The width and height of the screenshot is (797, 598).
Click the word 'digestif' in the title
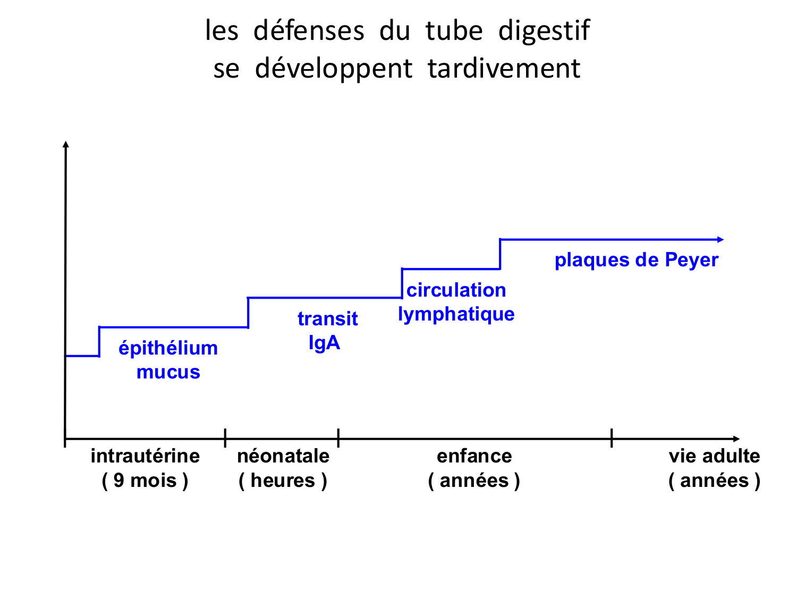tap(544, 31)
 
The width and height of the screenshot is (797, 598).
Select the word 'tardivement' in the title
tap(504, 69)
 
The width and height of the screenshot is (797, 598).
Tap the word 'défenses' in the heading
tap(309, 31)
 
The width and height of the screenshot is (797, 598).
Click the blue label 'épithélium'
tap(168, 348)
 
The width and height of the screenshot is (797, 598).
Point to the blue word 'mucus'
tap(168, 372)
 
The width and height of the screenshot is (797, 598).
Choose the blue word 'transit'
tap(327, 319)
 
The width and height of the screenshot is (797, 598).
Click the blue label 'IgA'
tap(324, 343)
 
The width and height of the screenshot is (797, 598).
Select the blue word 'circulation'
tap(456, 290)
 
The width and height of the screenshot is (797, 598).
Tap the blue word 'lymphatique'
tap(456, 314)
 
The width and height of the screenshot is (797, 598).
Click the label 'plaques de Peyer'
tap(636, 260)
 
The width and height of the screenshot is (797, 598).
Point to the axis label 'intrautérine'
tap(145, 456)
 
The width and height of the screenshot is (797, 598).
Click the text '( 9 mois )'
tap(145, 481)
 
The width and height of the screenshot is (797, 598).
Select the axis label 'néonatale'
tap(283, 456)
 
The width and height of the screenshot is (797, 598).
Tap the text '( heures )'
tap(283, 481)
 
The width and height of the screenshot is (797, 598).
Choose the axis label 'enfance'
tap(474, 456)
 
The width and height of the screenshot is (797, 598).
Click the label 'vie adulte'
tap(714, 456)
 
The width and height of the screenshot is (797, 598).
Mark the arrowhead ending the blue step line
tap(720, 240)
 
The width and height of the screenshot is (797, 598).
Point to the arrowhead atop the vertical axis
tap(65, 144)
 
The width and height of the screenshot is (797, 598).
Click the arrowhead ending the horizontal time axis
tap(736, 439)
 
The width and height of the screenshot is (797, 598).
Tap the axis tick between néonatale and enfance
tap(338, 438)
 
